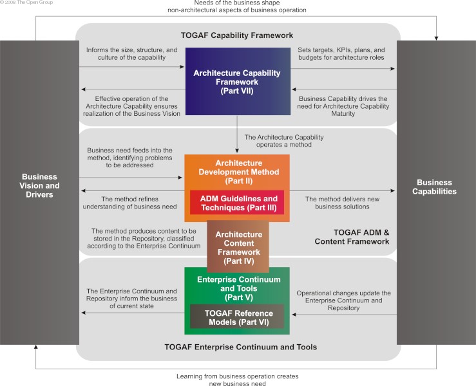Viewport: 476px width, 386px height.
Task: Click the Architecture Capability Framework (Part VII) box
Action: (x=237, y=82)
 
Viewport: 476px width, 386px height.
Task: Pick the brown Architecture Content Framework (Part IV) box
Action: (x=238, y=247)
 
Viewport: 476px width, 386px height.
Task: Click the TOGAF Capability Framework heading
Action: (x=237, y=35)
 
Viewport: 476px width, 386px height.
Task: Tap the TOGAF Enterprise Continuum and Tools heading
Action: (x=237, y=347)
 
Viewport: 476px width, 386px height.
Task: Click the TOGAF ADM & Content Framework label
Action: (x=352, y=237)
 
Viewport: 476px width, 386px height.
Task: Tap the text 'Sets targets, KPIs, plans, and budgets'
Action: (x=341, y=53)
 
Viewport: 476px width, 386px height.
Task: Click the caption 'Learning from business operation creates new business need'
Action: (x=237, y=380)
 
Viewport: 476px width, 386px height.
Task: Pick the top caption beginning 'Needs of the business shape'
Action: (x=237, y=6)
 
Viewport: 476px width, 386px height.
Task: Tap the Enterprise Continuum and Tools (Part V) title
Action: (x=237, y=284)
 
